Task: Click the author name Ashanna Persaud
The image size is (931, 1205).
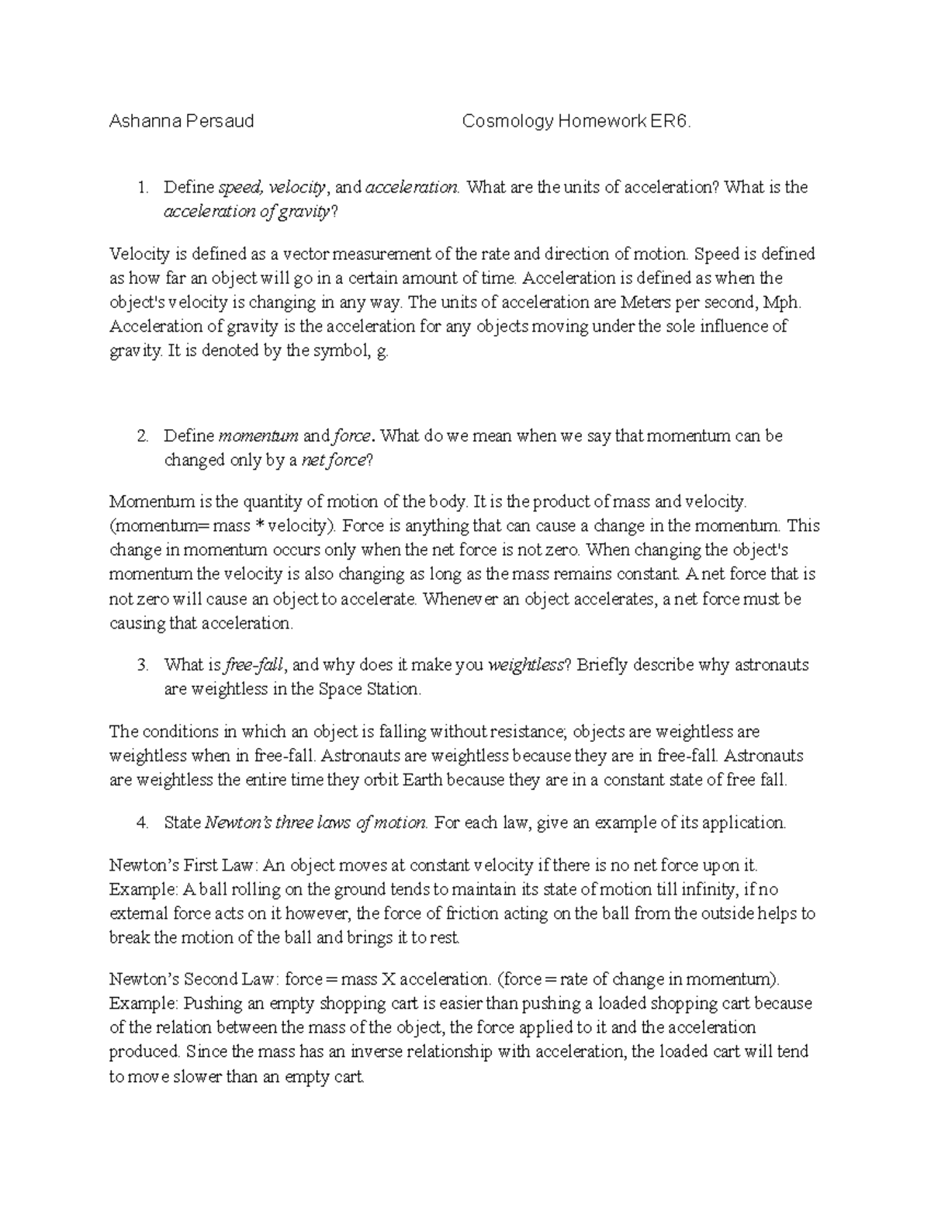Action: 182,121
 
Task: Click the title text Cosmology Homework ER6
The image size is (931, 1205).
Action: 575,121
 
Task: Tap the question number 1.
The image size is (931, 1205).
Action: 141,187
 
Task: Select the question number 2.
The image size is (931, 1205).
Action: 141,436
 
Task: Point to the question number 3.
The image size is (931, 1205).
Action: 141,665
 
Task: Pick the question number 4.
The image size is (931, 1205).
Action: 141,822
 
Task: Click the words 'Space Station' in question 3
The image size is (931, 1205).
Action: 369,689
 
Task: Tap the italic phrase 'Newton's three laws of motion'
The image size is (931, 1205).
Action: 317,822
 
